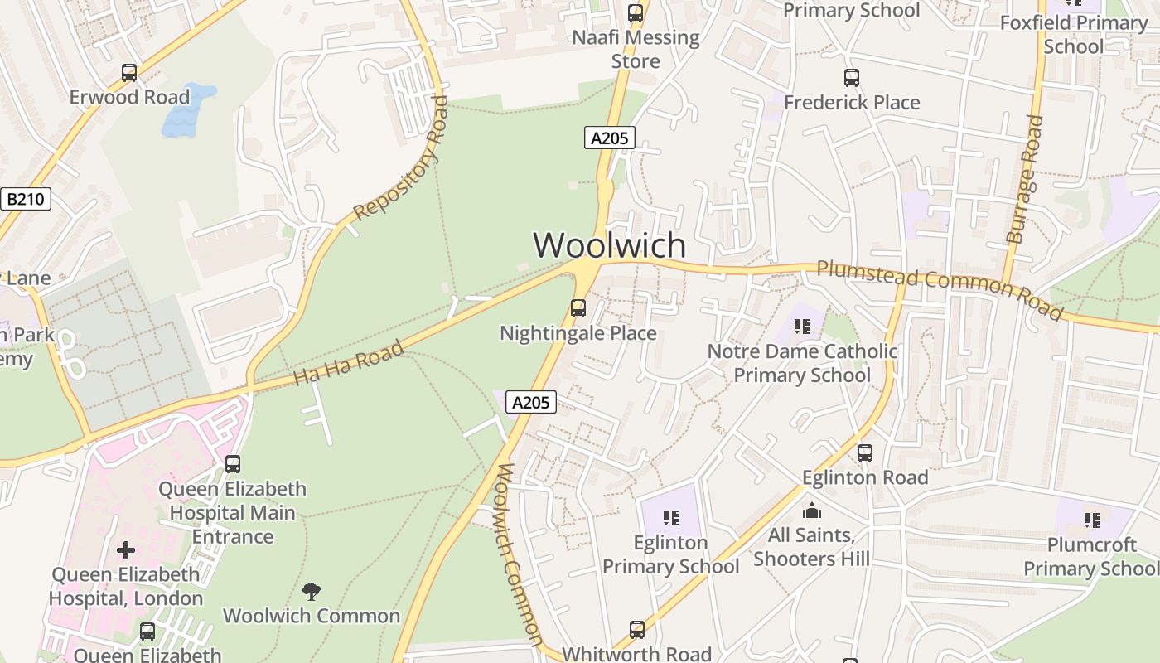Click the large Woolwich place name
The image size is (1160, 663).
pos(610,245)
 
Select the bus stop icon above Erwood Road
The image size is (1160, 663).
pos(129,73)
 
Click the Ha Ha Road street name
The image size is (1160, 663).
pos(349,363)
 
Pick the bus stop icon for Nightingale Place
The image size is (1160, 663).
pos(578,308)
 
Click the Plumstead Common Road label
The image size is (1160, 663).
pos(939,289)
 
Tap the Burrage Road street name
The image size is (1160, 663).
pos(1024,179)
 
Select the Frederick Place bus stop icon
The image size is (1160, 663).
pos(852,78)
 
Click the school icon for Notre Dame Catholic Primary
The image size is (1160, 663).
pos(801,327)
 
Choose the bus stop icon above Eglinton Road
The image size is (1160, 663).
pos(865,453)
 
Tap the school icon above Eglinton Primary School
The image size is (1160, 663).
pos(671,519)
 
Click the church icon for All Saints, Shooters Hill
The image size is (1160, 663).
pos(812,511)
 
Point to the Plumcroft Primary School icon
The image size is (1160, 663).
pos(1092,520)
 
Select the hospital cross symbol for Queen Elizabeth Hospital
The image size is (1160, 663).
pos(126,550)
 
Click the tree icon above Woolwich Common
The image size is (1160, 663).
pos(312,592)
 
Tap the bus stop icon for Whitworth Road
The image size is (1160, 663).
pos(636,630)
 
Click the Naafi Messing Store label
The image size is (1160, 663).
pos(636,49)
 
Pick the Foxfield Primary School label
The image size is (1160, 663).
pos(1074,34)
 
